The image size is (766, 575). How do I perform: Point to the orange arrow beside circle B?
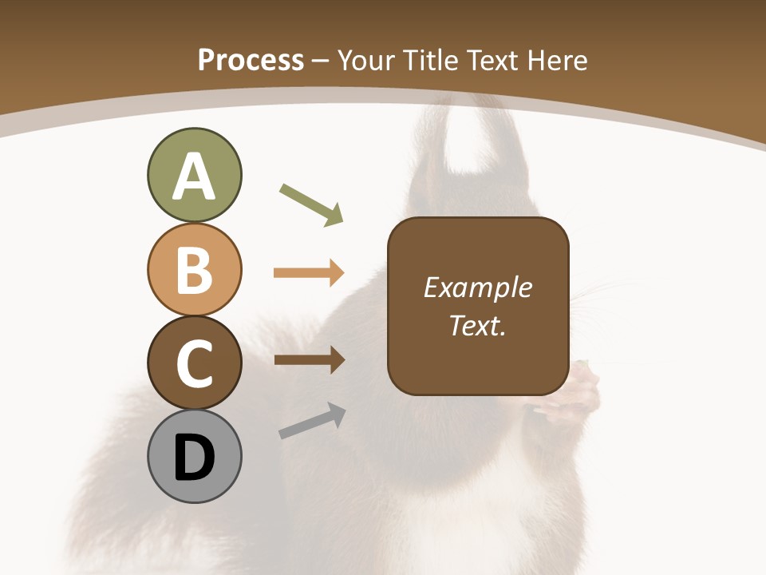(309, 273)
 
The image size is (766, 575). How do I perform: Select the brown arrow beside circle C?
(309, 359)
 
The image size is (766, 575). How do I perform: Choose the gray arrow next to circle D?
(312, 421)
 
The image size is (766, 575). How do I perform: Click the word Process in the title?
(251, 60)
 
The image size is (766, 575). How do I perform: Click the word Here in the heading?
(559, 61)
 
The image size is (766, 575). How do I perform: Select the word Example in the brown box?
(477, 287)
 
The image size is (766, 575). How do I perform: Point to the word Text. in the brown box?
(477, 326)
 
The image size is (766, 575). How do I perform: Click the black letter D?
(194, 459)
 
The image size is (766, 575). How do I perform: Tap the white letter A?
(194, 177)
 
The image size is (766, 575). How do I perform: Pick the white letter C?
(194, 363)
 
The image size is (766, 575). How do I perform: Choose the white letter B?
(194, 270)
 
